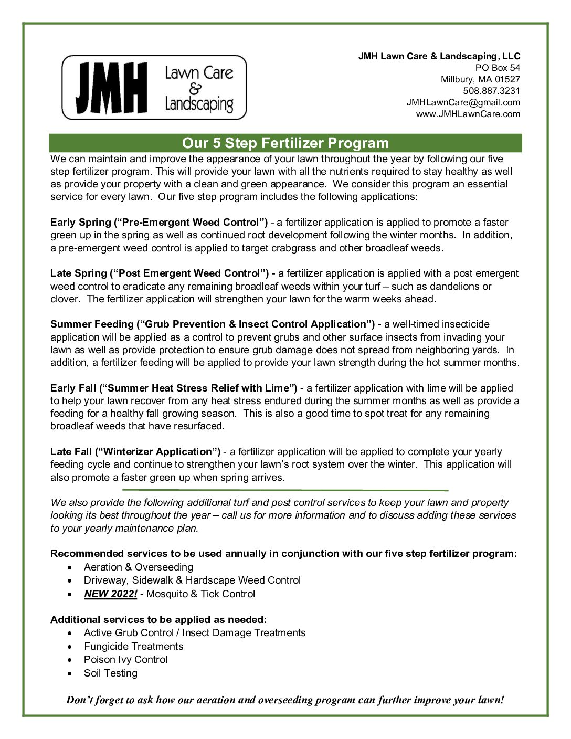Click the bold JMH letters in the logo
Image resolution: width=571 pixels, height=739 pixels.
[111, 88]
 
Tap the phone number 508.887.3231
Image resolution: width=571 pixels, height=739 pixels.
[491, 91]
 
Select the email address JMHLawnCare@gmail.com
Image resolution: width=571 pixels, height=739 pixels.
[463, 102]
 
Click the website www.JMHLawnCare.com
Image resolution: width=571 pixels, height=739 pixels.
[468, 114]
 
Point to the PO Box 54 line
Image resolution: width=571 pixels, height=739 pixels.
[497, 68]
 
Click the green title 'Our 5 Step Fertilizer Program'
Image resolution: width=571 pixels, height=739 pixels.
[285, 143]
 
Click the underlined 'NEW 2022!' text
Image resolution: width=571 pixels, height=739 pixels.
[110, 594]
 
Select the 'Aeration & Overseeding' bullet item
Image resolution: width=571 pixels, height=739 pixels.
[138, 567]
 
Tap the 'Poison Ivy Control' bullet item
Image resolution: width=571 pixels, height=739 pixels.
[125, 659]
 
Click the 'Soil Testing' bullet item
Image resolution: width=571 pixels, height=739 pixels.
[110, 673]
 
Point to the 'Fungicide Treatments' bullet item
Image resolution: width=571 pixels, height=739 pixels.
[133, 646]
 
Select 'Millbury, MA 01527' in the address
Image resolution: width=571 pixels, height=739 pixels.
[480, 79]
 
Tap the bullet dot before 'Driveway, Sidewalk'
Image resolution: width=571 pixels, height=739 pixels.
[71, 580]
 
